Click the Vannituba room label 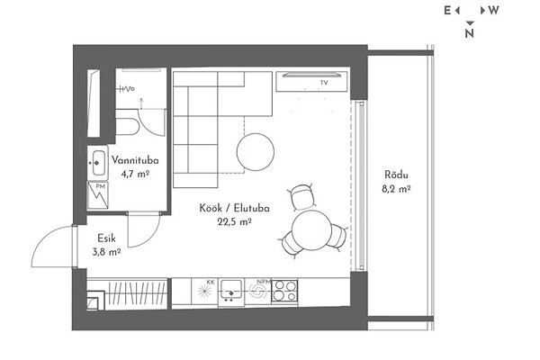135,160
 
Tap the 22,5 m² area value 235,222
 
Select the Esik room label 106,238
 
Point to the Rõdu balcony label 396,175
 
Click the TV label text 324,83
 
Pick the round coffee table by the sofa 256,152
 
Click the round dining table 311,229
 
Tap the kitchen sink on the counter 231,292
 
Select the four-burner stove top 284,292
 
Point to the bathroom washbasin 98,163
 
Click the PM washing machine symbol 98,195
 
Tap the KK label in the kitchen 211,283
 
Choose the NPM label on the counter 264,282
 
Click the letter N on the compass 470,33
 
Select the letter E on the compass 447,11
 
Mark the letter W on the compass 494,11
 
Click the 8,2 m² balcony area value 396,189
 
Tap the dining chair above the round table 302,197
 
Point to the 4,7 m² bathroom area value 135,174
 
